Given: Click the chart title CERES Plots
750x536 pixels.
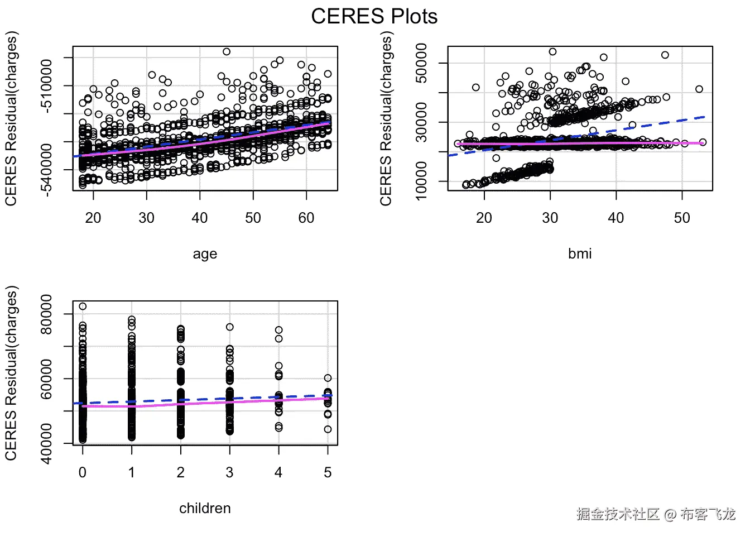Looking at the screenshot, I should pyautogui.click(x=374, y=16).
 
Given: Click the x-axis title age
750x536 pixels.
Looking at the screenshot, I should pyautogui.click(x=205, y=254).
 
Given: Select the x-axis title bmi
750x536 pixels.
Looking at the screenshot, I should pyautogui.click(x=580, y=253).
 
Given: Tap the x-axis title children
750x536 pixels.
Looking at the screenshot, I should pyautogui.click(x=205, y=508).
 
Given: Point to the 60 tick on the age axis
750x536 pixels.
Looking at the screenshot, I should pyautogui.click(x=306, y=218).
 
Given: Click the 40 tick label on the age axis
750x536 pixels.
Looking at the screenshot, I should pyautogui.click(x=200, y=218).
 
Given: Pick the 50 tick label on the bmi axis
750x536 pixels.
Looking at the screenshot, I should pyautogui.click(x=682, y=218).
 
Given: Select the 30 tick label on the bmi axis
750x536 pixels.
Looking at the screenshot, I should pyautogui.click(x=550, y=218).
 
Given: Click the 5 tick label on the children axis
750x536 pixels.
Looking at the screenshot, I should pyautogui.click(x=328, y=472).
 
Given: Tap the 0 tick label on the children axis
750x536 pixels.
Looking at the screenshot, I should pyautogui.click(x=83, y=472).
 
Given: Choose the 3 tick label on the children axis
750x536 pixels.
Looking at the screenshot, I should pyautogui.click(x=229, y=472).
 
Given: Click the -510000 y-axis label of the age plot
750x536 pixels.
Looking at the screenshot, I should pyautogui.click(x=47, y=85).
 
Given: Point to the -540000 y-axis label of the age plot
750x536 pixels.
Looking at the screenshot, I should pyautogui.click(x=47, y=169).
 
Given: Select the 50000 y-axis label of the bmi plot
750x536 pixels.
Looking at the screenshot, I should pyautogui.click(x=422, y=63).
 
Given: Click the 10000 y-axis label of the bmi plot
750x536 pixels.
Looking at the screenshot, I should pyautogui.click(x=422, y=181).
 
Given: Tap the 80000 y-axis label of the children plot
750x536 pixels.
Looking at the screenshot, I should pyautogui.click(x=47, y=314).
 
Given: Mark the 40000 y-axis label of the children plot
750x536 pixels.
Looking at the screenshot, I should pyautogui.click(x=47, y=443).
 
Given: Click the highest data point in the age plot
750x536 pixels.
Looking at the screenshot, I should pyautogui.click(x=227, y=52).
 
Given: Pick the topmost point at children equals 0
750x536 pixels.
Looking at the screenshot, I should pyautogui.click(x=83, y=307).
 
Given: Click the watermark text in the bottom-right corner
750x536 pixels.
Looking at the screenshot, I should pyautogui.click(x=656, y=514).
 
